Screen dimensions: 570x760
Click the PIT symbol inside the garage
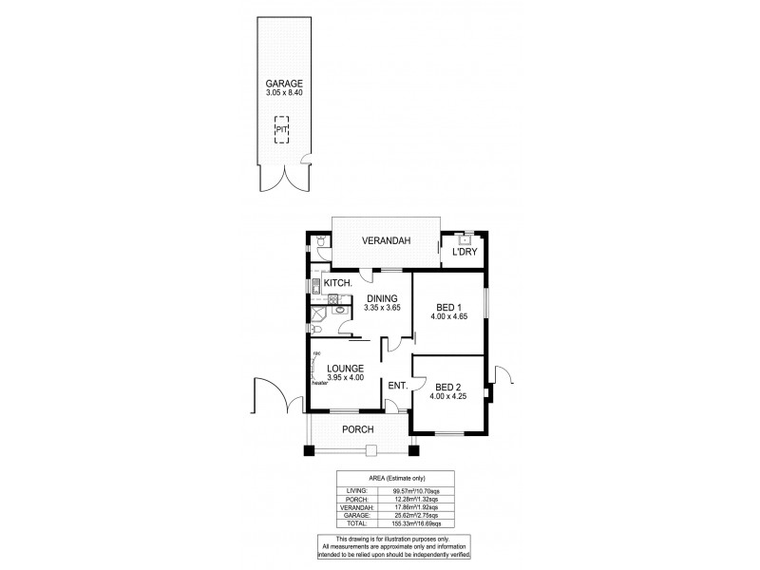(281, 129)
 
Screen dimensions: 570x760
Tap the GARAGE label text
(284, 83)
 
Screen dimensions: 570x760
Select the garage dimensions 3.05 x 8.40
(284, 93)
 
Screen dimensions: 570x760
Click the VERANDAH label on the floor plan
(385, 242)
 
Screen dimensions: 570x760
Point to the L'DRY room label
(464, 252)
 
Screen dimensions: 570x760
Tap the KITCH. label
(339, 283)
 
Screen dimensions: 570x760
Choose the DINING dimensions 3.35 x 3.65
(386, 309)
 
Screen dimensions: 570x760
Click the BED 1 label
(448, 307)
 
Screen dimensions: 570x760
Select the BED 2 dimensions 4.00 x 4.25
(448, 396)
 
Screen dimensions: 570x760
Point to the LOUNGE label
(345, 368)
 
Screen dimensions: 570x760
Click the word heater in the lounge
(319, 381)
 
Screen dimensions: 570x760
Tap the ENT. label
(397, 385)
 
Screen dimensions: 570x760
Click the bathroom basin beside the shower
(339, 309)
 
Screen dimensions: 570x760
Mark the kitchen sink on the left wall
(314, 284)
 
